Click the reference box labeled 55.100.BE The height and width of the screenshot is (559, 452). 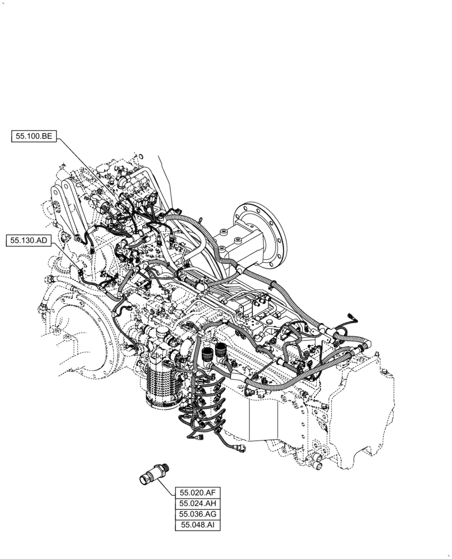coord(34,135)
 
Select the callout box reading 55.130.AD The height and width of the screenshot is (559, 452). coord(29,241)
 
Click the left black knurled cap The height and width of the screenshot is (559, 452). coord(208,353)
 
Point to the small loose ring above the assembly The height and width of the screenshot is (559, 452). coord(140,157)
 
